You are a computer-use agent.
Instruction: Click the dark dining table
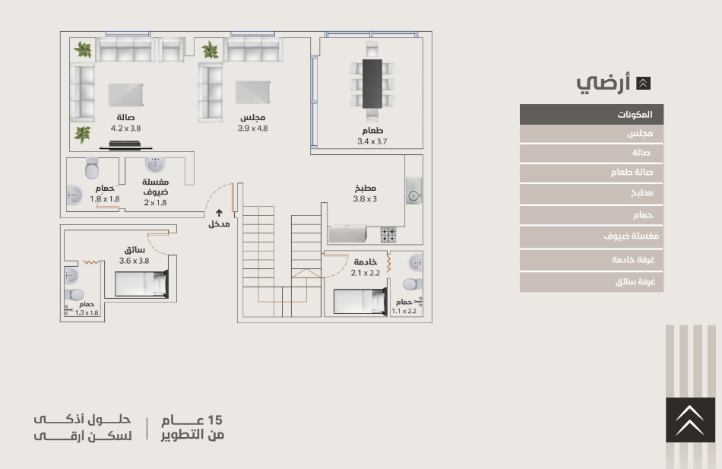coord(372,84)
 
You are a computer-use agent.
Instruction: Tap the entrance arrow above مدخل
coord(219,213)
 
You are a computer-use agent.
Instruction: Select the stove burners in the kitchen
coord(388,234)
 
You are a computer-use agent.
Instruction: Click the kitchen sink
coord(414,191)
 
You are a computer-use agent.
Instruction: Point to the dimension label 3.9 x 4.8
coord(252,128)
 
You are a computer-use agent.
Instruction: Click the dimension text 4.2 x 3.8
coord(125,128)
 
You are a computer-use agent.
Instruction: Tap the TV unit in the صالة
coord(125,146)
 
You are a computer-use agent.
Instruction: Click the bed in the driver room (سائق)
coord(141,284)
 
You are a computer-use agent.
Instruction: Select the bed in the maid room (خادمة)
coord(360,301)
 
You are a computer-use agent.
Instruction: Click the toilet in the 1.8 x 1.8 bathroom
coord(92,169)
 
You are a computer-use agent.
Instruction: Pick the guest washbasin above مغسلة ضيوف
coord(155,164)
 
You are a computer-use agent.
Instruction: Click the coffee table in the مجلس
coord(253,93)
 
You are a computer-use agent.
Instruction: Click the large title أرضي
coord(603,83)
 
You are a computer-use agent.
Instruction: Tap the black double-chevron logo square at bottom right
coord(690,420)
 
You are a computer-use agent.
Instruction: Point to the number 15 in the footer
coord(214,420)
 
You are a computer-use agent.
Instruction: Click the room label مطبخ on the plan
coord(366,188)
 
